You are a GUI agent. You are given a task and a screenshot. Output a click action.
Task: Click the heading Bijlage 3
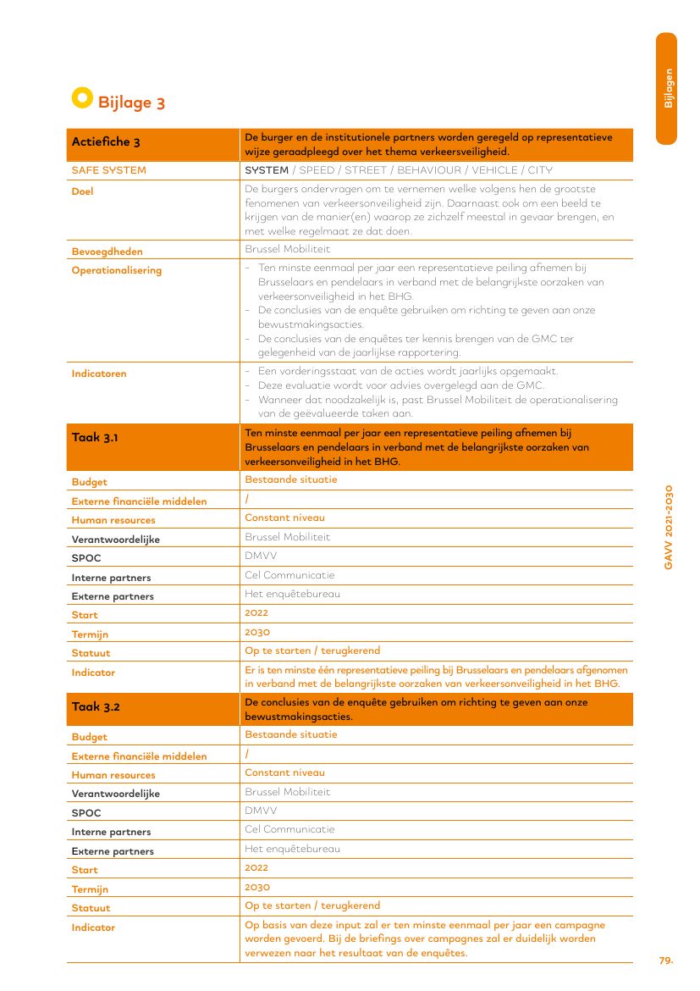pyautogui.click(x=131, y=103)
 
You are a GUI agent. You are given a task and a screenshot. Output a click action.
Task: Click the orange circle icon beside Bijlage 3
pyautogui.click(x=81, y=98)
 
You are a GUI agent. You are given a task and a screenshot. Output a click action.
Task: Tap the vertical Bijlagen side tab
pyautogui.click(x=668, y=88)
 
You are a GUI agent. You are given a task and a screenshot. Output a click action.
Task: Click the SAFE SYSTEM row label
pyautogui.click(x=108, y=170)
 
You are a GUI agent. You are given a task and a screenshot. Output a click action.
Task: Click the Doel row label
pyautogui.click(x=82, y=191)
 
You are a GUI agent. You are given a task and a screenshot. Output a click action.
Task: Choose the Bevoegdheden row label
pyautogui.click(x=107, y=252)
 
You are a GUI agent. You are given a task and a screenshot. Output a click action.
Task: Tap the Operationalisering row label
pyautogui.click(x=116, y=270)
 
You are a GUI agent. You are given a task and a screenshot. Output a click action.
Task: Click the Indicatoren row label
pyautogui.click(x=99, y=374)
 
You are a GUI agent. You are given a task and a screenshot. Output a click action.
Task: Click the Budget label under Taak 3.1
pyautogui.click(x=89, y=483)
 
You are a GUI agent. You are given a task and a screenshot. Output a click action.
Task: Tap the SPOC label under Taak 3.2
pyautogui.click(x=86, y=813)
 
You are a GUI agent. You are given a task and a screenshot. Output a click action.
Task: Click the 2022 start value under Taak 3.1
pyautogui.click(x=256, y=613)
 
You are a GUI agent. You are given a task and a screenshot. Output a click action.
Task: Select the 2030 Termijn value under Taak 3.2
pyautogui.click(x=256, y=887)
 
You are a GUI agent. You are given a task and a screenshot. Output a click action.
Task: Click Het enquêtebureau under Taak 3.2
pyautogui.click(x=292, y=849)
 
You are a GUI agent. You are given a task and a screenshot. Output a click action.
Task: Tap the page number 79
pyautogui.click(x=666, y=961)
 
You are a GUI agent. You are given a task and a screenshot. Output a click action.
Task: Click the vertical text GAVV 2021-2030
pyautogui.click(x=668, y=526)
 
